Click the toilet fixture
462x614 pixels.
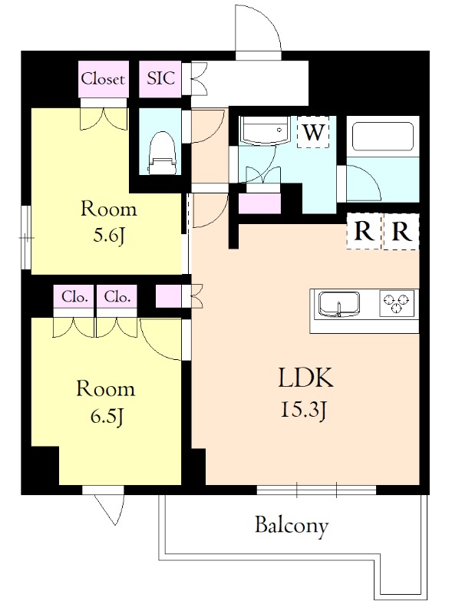(161, 152)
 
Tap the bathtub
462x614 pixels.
(383, 136)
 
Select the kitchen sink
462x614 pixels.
(339, 304)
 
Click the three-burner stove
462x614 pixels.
(397, 303)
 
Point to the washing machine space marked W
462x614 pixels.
(313, 132)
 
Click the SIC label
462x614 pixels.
(160, 78)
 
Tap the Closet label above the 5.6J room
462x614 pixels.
(104, 79)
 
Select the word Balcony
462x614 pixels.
(292, 526)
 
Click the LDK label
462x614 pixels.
(305, 378)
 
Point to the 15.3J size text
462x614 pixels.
(303, 411)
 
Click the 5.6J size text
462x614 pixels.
(108, 236)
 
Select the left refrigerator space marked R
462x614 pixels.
(364, 232)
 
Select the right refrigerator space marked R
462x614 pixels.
(401, 232)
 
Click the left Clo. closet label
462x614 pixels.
(74, 297)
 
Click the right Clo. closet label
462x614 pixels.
(117, 297)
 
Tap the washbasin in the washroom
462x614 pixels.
(266, 130)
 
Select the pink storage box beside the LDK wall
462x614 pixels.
(168, 296)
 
